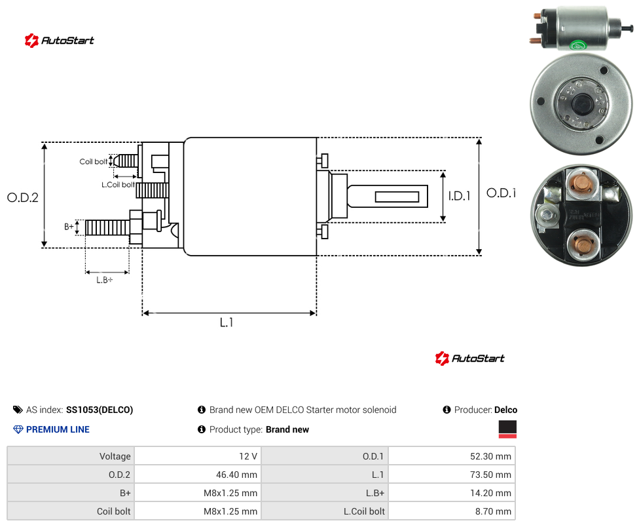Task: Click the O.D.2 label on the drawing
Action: [23, 197]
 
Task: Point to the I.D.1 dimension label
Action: [460, 196]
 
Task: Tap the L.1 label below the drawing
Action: [227, 322]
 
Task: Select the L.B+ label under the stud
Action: [105, 280]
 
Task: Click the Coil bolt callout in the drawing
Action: [94, 161]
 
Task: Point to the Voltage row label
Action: [115, 456]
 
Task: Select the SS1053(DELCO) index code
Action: [100, 410]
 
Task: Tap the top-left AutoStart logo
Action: [59, 41]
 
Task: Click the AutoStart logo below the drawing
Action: [469, 358]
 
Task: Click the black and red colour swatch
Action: [507, 429]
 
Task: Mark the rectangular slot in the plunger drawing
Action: [397, 197]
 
